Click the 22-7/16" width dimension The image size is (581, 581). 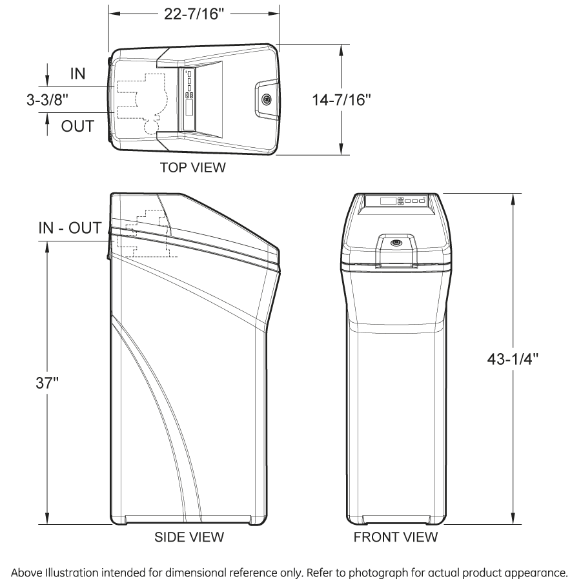tap(194, 14)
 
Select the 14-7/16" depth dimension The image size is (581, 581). tap(341, 100)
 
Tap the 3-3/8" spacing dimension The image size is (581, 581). tap(47, 99)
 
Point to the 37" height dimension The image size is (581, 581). tap(47, 383)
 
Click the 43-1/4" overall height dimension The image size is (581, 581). tap(513, 359)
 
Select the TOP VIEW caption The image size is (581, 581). tap(192, 167)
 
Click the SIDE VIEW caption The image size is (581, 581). tap(189, 537)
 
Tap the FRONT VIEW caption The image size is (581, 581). tap(395, 537)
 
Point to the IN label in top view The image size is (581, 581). tap(78, 74)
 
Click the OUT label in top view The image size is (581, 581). tap(78, 127)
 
